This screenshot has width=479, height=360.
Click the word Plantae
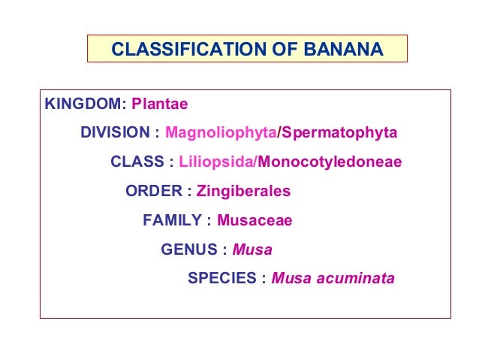(x=160, y=104)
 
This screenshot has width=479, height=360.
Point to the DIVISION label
(x=116, y=133)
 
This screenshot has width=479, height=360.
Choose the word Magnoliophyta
(x=221, y=133)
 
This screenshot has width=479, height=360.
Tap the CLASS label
(x=137, y=162)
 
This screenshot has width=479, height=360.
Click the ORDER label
(x=153, y=191)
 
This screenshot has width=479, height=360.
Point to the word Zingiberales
(x=243, y=191)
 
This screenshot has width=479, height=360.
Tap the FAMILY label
(x=172, y=220)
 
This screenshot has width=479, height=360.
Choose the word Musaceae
(x=254, y=220)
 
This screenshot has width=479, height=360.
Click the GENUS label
(x=188, y=250)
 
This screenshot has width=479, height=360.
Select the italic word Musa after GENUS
(x=252, y=250)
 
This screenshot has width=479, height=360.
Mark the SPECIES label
(x=222, y=279)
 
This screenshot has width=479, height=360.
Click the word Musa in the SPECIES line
(x=291, y=279)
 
